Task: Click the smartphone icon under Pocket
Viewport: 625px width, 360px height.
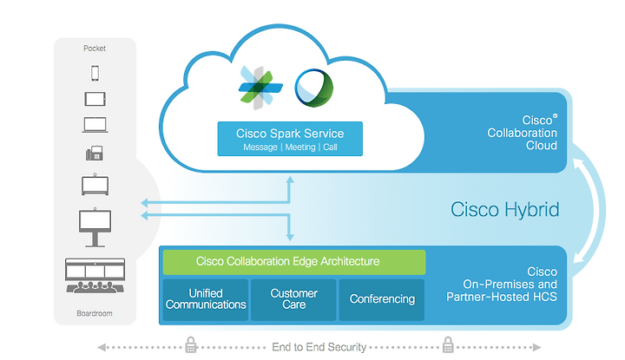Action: point(95,73)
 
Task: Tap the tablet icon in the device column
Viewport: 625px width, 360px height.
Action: point(95,99)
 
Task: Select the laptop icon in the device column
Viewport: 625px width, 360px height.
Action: point(95,125)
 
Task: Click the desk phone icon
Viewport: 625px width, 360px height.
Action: point(95,154)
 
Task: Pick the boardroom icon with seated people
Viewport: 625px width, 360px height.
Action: point(95,276)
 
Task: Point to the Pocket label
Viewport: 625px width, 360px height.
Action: point(95,49)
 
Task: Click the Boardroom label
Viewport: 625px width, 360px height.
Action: point(95,313)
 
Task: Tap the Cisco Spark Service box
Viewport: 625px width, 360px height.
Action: point(290,139)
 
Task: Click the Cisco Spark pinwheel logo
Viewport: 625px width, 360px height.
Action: point(260,88)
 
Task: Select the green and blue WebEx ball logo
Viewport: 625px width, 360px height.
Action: point(314,88)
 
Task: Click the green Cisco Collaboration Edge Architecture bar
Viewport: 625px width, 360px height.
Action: point(294,262)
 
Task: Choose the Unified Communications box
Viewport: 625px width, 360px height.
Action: point(206,299)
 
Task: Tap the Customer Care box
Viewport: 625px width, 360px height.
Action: point(293,299)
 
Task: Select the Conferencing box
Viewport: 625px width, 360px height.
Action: point(382,299)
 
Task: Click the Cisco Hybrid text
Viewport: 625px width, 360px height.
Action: point(504,209)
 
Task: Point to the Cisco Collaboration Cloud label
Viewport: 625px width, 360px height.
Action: point(523,133)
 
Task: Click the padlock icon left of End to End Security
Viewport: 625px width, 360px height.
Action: point(191,345)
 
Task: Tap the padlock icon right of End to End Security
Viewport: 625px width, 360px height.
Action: point(448,345)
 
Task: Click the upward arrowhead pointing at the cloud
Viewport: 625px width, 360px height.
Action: point(290,180)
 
